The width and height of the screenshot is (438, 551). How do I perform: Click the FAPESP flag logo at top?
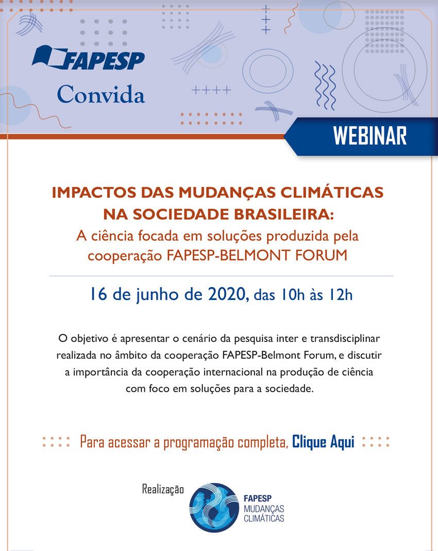pos(88,57)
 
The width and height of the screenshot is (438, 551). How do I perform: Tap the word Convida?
pos(101,94)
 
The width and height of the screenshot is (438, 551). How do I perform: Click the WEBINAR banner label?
pos(370,136)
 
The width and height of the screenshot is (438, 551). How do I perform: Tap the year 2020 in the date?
pos(227,294)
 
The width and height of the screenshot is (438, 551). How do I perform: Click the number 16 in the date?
pos(98,294)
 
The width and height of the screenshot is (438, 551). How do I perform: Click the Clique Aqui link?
pos(323,442)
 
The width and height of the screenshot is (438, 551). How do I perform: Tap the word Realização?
pos(163,489)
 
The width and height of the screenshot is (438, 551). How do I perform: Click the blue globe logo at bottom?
pos(214,507)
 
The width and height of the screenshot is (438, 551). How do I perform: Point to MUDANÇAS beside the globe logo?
pos(264,509)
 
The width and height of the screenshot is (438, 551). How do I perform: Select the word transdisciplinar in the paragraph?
pos(345,339)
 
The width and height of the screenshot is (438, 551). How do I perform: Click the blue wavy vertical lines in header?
pos(325,86)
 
